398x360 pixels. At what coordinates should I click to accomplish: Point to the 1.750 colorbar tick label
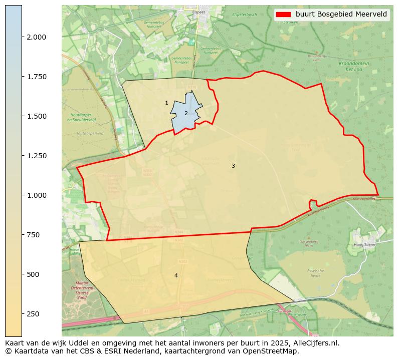37,77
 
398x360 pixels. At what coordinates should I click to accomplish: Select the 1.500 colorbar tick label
37,116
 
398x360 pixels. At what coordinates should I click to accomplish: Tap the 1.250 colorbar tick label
37,156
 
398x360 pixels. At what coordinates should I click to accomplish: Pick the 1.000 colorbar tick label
37,195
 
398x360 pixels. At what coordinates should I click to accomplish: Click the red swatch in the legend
283,15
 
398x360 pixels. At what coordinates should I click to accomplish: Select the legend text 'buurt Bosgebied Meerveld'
341,15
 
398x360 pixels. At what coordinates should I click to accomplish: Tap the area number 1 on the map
166,103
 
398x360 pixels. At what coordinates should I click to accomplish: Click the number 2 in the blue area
186,113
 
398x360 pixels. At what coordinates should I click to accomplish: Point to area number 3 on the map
233,166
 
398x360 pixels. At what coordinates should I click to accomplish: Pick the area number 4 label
176,275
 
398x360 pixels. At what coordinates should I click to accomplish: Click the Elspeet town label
199,12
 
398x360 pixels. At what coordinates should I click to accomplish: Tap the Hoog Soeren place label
365,244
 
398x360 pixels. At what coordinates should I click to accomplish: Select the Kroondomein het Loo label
354,67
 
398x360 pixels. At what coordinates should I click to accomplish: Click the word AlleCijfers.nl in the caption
315,343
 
